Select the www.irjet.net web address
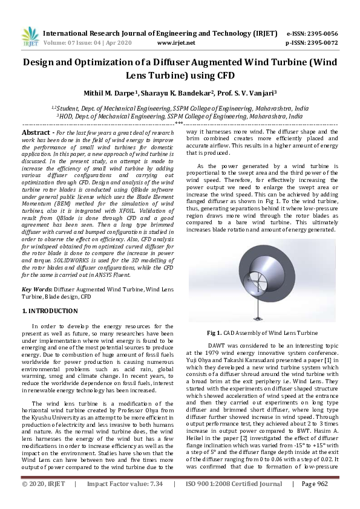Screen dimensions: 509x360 coord(176,43)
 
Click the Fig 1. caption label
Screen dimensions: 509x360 coord(215,332)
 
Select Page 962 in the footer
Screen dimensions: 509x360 coord(314,501)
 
